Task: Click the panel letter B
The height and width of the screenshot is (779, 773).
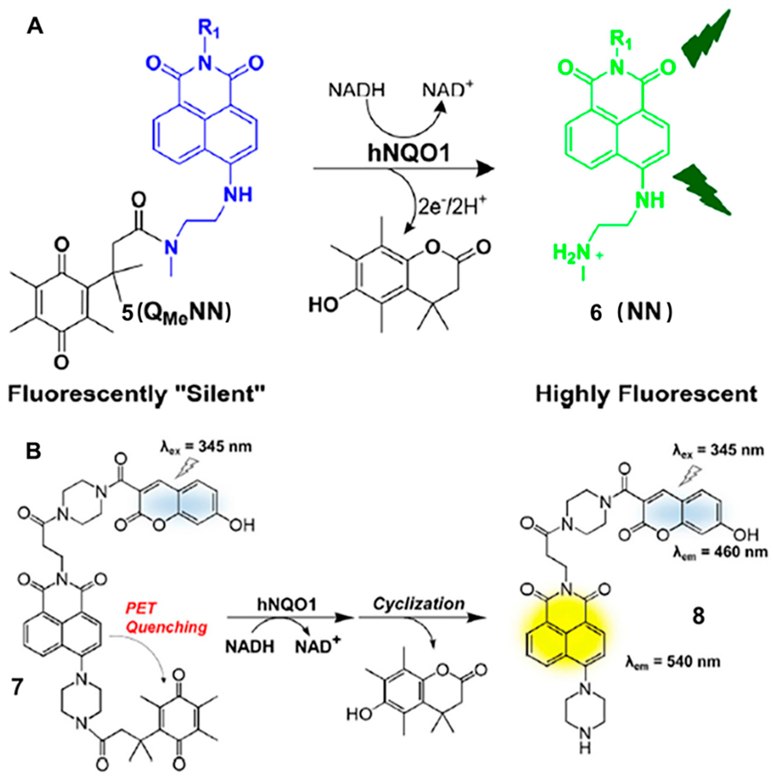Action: pos(33,452)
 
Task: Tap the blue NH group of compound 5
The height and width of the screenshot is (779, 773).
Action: pos(238,194)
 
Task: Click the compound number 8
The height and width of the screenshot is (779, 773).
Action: pos(698,616)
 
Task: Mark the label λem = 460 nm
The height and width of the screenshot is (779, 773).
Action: pos(720,552)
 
